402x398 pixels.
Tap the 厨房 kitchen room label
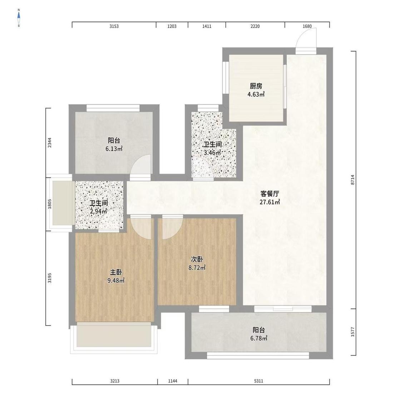click(x=256, y=86)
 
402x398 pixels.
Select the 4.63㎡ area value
click(x=256, y=95)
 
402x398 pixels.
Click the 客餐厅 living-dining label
click(x=269, y=193)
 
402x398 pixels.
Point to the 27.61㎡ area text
click(x=269, y=202)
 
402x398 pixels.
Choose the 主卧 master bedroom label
click(x=116, y=272)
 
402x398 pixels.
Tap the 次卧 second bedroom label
click(x=197, y=259)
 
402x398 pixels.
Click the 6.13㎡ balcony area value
click(x=114, y=149)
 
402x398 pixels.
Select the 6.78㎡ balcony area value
click(x=259, y=338)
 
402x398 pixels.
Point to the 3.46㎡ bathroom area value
click(x=212, y=153)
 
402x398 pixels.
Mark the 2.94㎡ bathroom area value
click(x=99, y=211)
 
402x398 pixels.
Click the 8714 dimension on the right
click(x=353, y=180)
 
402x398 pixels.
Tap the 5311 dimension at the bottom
click(x=258, y=381)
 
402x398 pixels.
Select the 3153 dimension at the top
click(x=114, y=26)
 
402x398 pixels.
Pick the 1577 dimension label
click(x=353, y=332)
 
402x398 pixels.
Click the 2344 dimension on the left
click(x=49, y=143)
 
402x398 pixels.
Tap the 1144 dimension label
click(x=173, y=381)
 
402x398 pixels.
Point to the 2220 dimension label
click(x=255, y=26)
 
